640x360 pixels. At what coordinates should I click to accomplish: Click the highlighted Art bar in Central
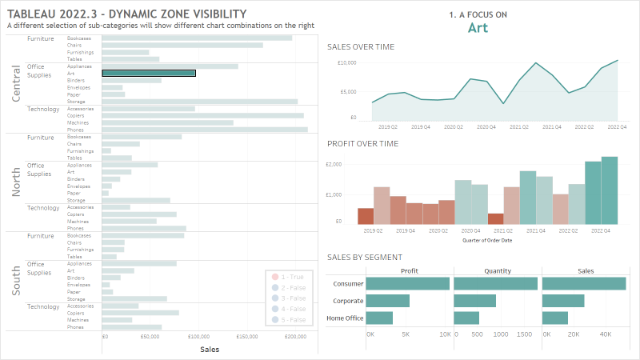pos(149,74)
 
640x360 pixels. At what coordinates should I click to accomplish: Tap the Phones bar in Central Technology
pos(205,130)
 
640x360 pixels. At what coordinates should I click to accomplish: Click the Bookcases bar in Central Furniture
pos(197,38)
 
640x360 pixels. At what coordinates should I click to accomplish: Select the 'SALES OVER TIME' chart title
pos(361,47)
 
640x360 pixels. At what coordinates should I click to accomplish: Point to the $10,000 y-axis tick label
pos(346,62)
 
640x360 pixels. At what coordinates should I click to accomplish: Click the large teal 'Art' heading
pos(478,28)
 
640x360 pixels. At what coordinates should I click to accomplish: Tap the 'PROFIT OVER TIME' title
pos(362,144)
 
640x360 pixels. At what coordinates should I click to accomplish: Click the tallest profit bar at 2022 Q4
pos(610,190)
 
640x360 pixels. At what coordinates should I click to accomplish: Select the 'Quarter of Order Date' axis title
pos(487,240)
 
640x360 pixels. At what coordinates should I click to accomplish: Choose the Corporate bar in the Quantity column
pos(474,301)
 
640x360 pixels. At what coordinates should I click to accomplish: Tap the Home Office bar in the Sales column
pos(554,318)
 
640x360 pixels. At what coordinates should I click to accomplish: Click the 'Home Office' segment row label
pos(345,318)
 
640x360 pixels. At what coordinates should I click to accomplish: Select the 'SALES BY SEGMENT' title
pos(364,257)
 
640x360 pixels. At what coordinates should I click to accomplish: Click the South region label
pos(16,282)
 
